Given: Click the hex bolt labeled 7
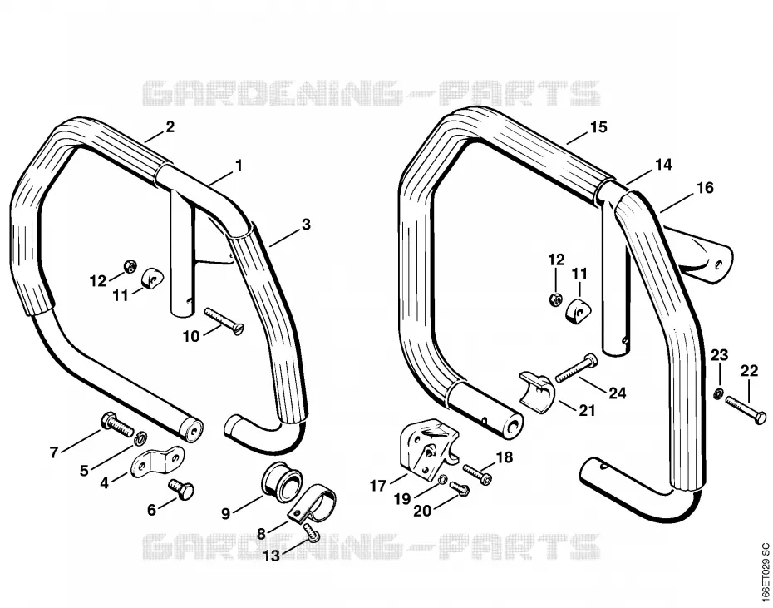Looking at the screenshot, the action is click(117, 424).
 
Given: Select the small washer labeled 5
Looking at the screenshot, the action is click(141, 437).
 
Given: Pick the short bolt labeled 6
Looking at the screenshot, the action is click(181, 490).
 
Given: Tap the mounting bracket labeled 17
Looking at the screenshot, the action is click(428, 448).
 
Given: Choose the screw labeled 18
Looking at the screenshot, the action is click(478, 472).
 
